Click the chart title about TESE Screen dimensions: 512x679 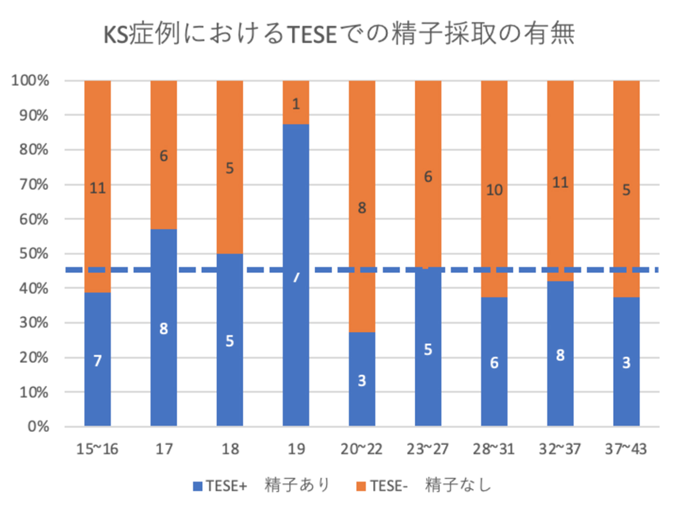tap(339, 34)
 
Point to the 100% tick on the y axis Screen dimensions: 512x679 tap(30, 81)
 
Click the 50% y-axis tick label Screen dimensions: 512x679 tap(33, 254)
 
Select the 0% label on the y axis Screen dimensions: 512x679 tap(38, 426)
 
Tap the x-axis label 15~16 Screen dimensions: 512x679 tap(97, 449)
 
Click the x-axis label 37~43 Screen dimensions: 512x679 tap(626, 449)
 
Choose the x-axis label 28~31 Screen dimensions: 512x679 tap(493, 449)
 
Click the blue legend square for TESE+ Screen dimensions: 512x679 tap(198, 486)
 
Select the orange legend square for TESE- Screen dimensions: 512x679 tap(361, 486)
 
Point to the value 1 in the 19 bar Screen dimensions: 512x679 tap(296, 104)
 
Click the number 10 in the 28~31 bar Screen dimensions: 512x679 tap(494, 190)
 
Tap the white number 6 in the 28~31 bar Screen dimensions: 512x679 tap(494, 363)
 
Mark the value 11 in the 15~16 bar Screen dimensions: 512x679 tap(97, 188)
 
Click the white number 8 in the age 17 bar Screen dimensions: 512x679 tap(164, 329)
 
